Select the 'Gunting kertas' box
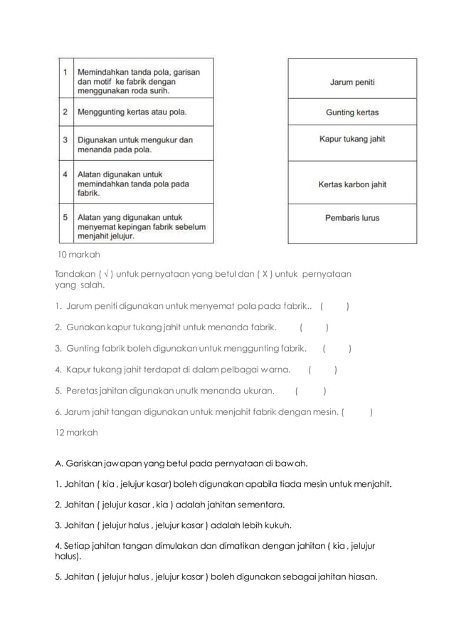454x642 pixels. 352,112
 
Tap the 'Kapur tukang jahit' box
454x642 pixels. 352,140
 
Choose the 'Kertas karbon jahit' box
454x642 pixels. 352,184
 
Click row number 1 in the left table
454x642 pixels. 65,72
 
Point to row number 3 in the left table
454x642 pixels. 65,140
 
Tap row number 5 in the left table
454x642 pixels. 65,217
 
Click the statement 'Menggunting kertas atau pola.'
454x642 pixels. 134,112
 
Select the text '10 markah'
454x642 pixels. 79,254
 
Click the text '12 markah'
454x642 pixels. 77,432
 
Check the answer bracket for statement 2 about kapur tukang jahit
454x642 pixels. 313,328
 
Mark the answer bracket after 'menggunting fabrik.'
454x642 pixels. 337,349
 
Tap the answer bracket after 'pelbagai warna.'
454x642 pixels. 322,369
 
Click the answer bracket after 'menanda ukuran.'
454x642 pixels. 310,390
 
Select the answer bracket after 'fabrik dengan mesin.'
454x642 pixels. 359,411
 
